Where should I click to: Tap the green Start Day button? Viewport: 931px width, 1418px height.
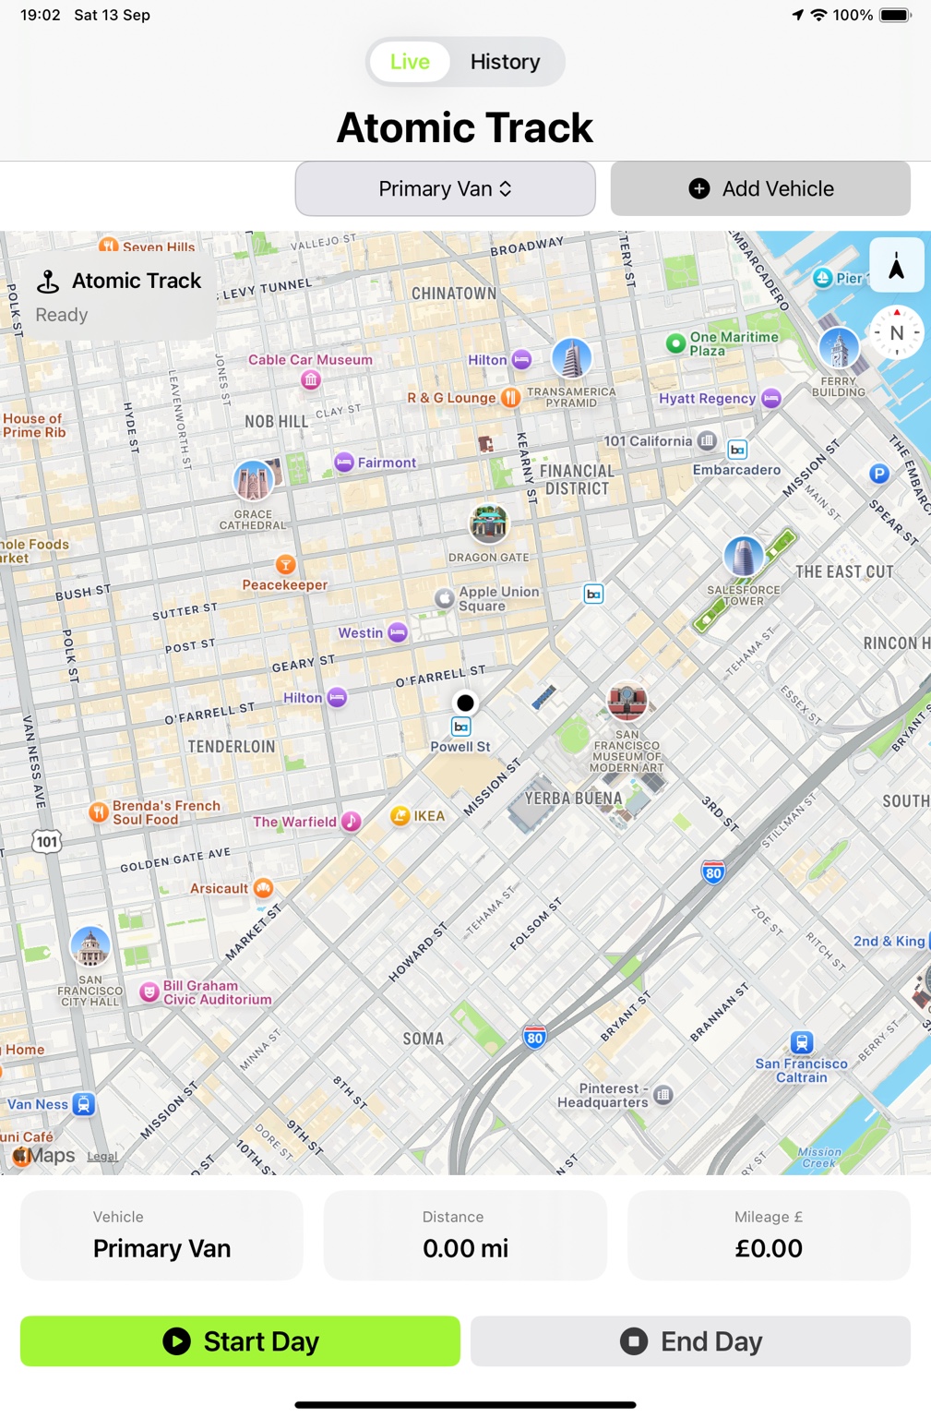point(240,1340)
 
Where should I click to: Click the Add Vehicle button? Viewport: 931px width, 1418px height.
point(760,188)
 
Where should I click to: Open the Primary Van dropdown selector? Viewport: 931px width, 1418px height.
point(445,188)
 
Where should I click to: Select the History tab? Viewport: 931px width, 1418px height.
point(505,62)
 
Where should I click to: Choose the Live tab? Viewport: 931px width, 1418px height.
point(410,62)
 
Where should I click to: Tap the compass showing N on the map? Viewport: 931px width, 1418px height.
point(896,332)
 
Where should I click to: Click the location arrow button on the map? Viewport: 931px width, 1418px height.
point(896,267)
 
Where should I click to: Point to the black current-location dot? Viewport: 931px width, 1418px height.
point(465,703)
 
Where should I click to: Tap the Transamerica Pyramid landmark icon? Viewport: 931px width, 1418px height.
point(571,358)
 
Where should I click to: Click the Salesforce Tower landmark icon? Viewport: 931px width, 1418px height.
point(743,557)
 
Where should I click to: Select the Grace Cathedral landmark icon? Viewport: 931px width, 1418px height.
point(253,481)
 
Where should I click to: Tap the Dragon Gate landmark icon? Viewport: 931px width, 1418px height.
point(488,523)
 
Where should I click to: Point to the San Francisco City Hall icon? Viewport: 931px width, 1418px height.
point(90,946)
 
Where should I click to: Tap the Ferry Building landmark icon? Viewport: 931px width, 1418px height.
point(839,348)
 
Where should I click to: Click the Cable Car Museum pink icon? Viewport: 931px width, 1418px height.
point(311,379)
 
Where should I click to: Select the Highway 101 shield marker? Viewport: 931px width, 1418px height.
point(47,841)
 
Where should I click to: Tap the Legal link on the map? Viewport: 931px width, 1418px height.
point(102,1156)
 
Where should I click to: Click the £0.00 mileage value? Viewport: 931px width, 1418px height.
point(768,1248)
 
